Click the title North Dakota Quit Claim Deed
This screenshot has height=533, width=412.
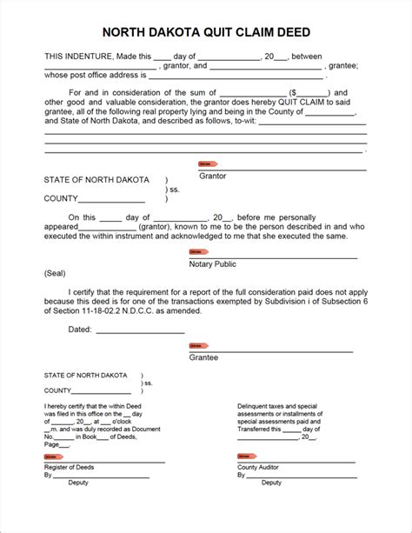coord(205,32)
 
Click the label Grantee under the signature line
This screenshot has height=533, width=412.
coord(203,356)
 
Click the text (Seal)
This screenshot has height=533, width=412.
coord(56,272)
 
